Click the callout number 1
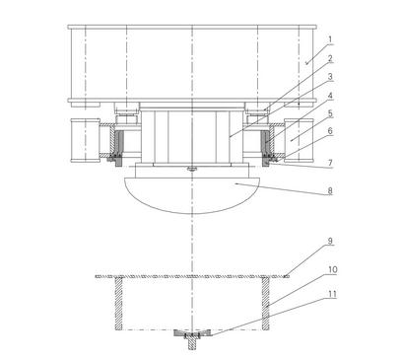(x=330, y=39)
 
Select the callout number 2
(x=330, y=59)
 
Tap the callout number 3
(x=330, y=77)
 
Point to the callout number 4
(x=330, y=96)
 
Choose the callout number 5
(x=330, y=113)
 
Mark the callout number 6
(x=330, y=131)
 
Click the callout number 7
(x=330, y=163)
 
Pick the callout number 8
(x=330, y=190)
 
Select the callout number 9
(x=330, y=241)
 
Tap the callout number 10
(x=332, y=270)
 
